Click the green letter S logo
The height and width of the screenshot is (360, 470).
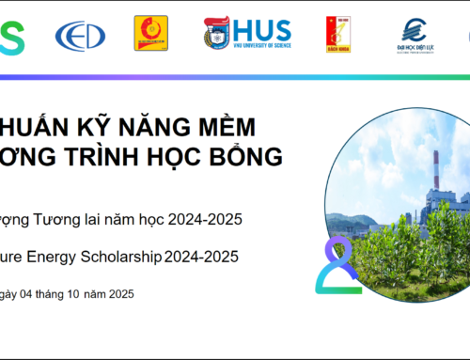pyautogui.click(x=9, y=35)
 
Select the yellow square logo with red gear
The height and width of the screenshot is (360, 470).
pyautogui.click(x=150, y=33)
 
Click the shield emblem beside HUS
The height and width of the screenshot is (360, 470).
pyautogui.click(x=216, y=33)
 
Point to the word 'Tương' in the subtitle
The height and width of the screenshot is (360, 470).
pyautogui.click(x=54, y=220)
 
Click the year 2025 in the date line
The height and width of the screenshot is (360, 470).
pyautogui.click(x=118, y=294)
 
